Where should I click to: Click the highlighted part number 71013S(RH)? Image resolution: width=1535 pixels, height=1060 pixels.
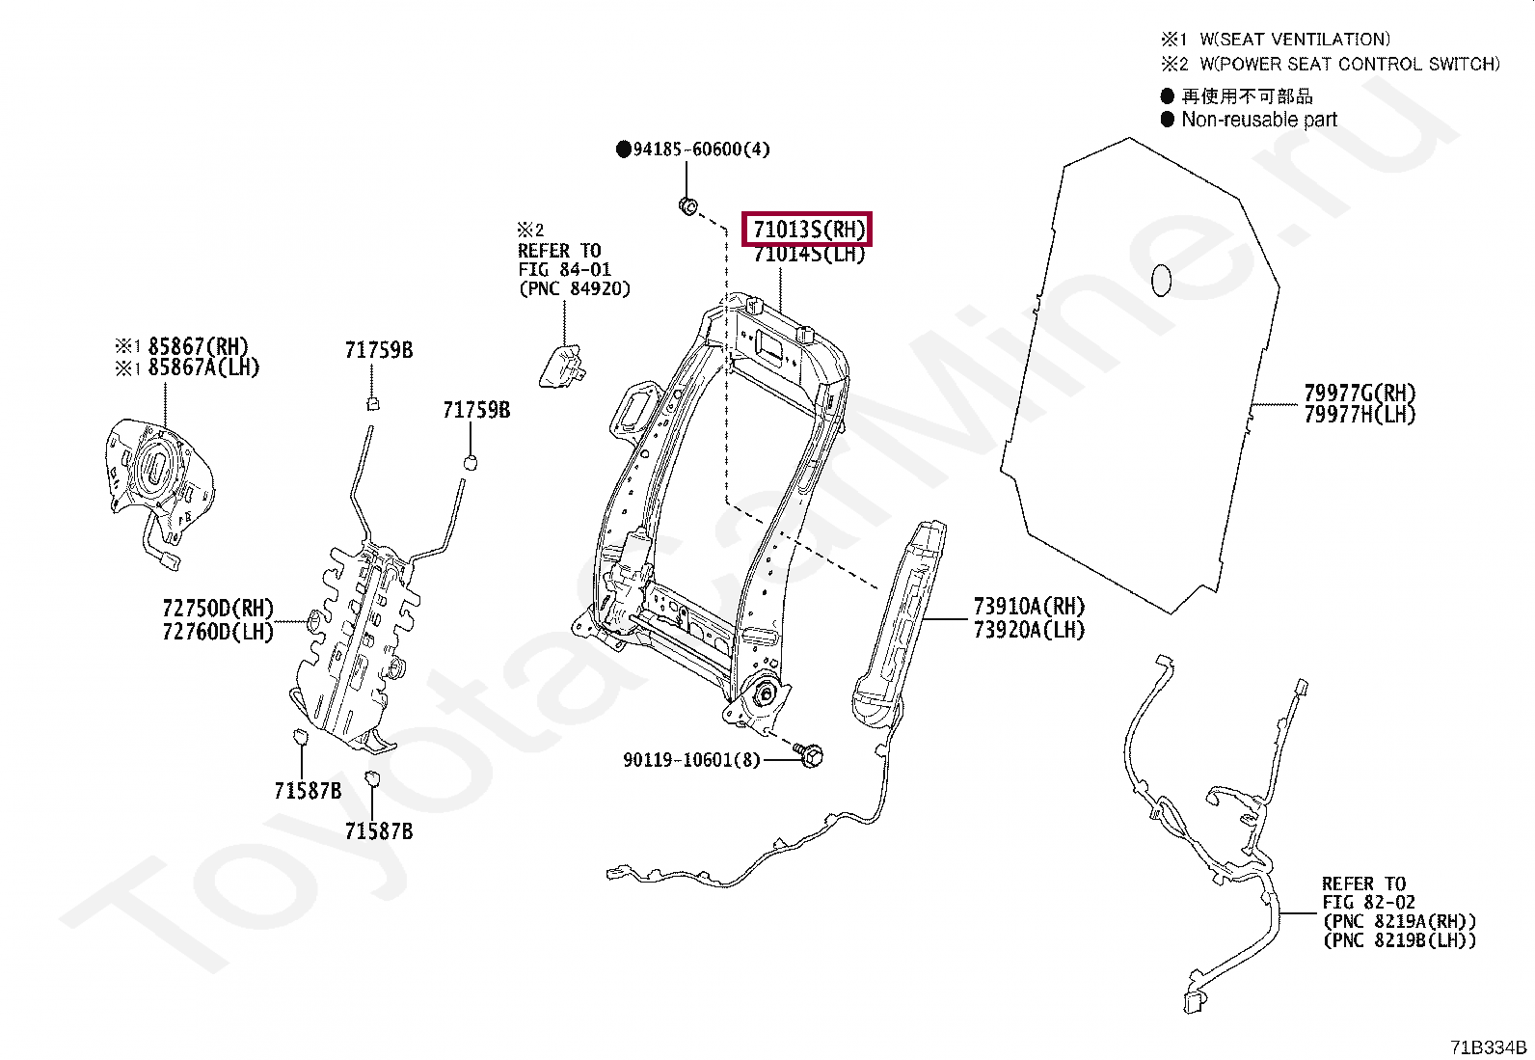[808, 230]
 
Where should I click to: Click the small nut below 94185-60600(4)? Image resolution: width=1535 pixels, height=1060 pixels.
[688, 206]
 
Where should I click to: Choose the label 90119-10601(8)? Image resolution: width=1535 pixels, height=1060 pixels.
[691, 760]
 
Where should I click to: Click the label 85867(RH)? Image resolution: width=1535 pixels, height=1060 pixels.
[198, 346]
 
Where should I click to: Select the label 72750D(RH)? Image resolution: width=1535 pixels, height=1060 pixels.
[218, 609]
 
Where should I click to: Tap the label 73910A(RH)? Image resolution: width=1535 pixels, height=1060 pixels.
[1029, 607]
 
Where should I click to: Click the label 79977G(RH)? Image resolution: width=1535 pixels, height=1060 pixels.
[1360, 393]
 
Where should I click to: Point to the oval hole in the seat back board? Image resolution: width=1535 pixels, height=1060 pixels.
[1162, 280]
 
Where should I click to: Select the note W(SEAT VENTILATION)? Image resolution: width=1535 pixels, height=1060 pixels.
[1294, 40]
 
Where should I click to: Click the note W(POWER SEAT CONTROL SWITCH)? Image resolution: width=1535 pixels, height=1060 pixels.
[1349, 65]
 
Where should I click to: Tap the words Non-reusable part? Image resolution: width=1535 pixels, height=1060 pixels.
[1259, 120]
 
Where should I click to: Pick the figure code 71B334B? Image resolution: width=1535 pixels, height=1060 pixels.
[1489, 1047]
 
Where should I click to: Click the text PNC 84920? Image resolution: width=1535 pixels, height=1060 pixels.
[575, 288]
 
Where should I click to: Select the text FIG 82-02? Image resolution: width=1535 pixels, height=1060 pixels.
[1368, 903]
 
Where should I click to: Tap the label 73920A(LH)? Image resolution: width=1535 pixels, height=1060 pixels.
[1029, 630]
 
